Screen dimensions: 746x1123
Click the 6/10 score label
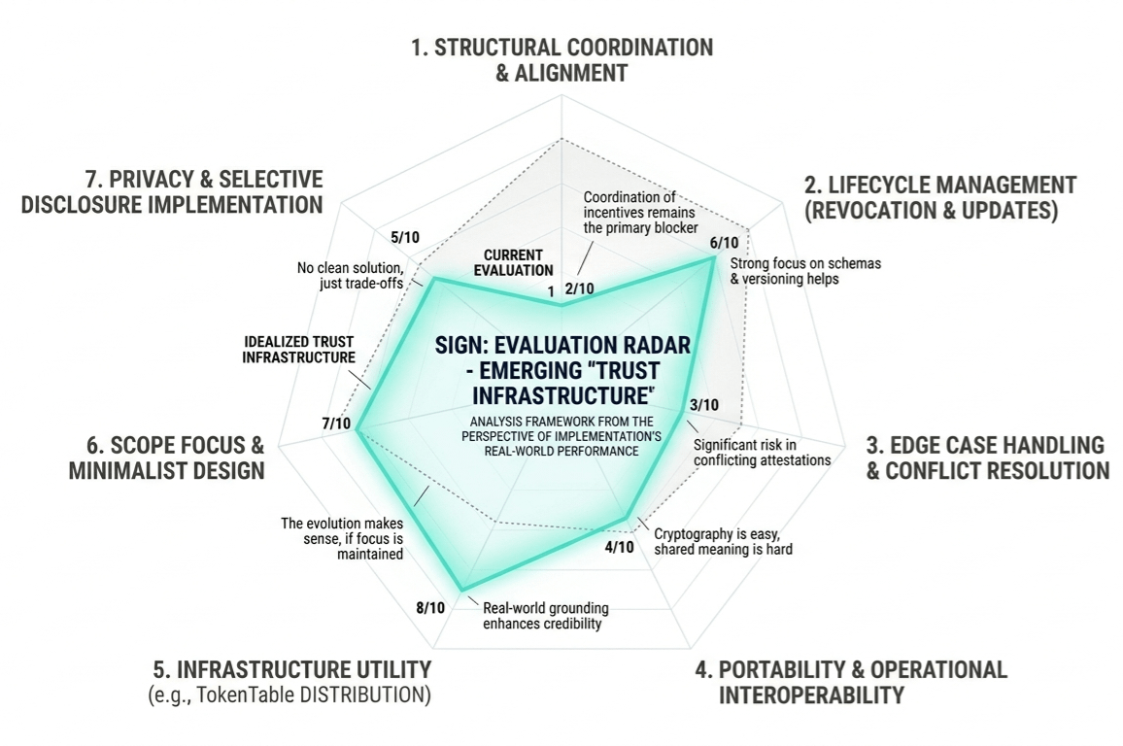pyautogui.click(x=724, y=242)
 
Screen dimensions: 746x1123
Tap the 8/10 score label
pyautogui.click(x=430, y=608)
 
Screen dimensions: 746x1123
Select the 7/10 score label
pyautogui.click(x=335, y=424)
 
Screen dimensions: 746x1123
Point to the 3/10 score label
pyautogui.click(x=704, y=404)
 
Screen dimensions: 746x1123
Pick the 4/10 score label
pyautogui.click(x=619, y=547)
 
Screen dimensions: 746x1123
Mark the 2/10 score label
pyautogui.click(x=579, y=288)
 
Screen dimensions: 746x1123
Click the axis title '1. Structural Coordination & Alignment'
pyautogui.click(x=561, y=59)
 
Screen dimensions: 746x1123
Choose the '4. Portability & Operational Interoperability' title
pyautogui.click(x=851, y=682)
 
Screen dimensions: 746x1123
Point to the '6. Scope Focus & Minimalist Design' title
pyautogui.click(x=166, y=458)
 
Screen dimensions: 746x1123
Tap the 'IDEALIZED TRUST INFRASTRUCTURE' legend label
pyautogui.click(x=298, y=350)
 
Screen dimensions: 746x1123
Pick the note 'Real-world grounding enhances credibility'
pyautogui.click(x=545, y=616)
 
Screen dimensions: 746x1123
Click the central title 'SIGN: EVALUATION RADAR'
pyautogui.click(x=561, y=346)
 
